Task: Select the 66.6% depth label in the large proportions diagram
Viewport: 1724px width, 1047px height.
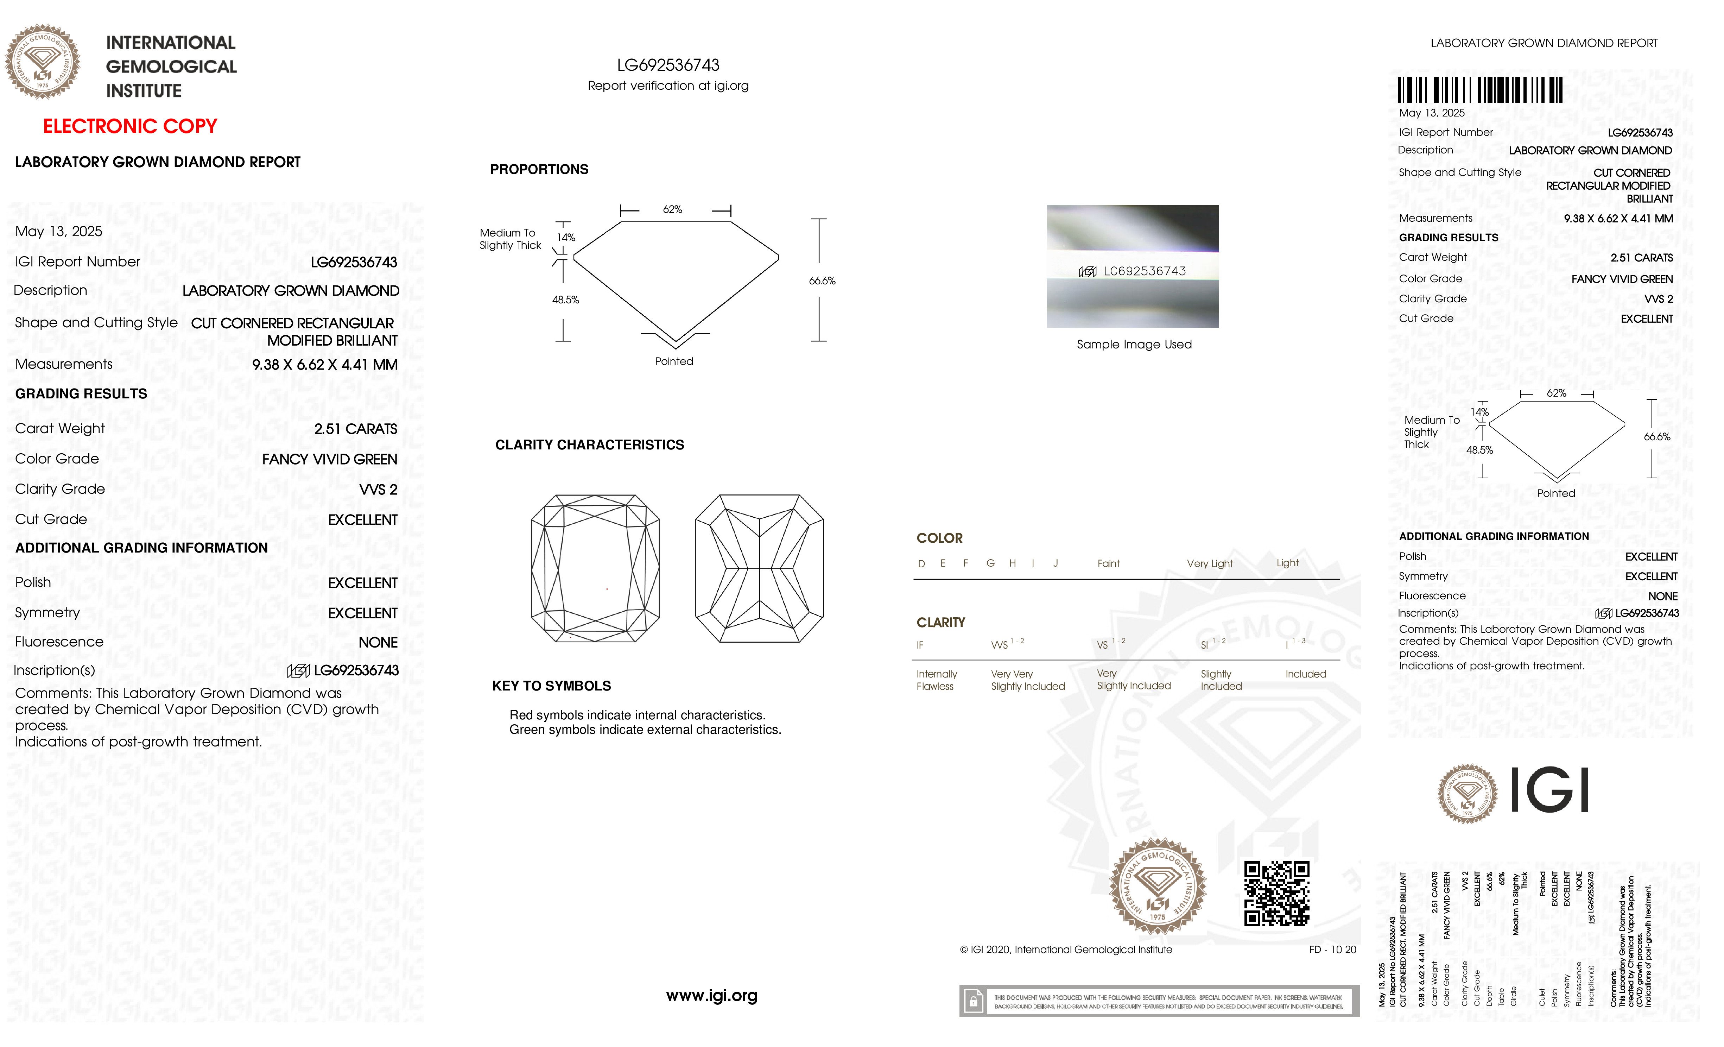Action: point(822,280)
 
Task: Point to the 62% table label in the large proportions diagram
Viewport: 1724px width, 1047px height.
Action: point(672,209)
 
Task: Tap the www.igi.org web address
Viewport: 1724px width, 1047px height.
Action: point(711,995)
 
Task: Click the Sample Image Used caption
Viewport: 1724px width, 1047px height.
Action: point(1134,344)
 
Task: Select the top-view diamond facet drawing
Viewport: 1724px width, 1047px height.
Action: point(595,568)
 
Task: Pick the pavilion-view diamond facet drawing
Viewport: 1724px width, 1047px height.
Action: point(759,568)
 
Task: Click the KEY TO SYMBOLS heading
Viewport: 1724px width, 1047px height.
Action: point(551,686)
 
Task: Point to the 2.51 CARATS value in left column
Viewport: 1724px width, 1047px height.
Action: point(355,429)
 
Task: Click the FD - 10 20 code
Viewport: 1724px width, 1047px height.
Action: point(1332,950)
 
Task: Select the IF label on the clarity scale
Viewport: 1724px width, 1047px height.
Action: point(920,645)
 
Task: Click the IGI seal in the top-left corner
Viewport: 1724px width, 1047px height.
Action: point(43,62)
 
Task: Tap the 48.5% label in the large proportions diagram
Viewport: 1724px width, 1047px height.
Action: point(565,299)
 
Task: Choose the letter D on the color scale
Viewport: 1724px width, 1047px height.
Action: point(921,563)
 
